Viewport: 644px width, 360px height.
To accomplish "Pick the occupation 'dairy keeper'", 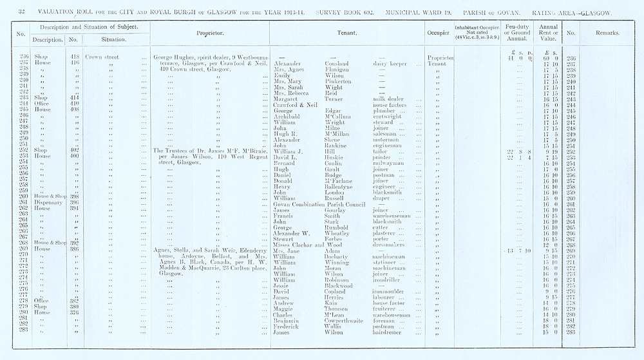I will pos(390,64).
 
